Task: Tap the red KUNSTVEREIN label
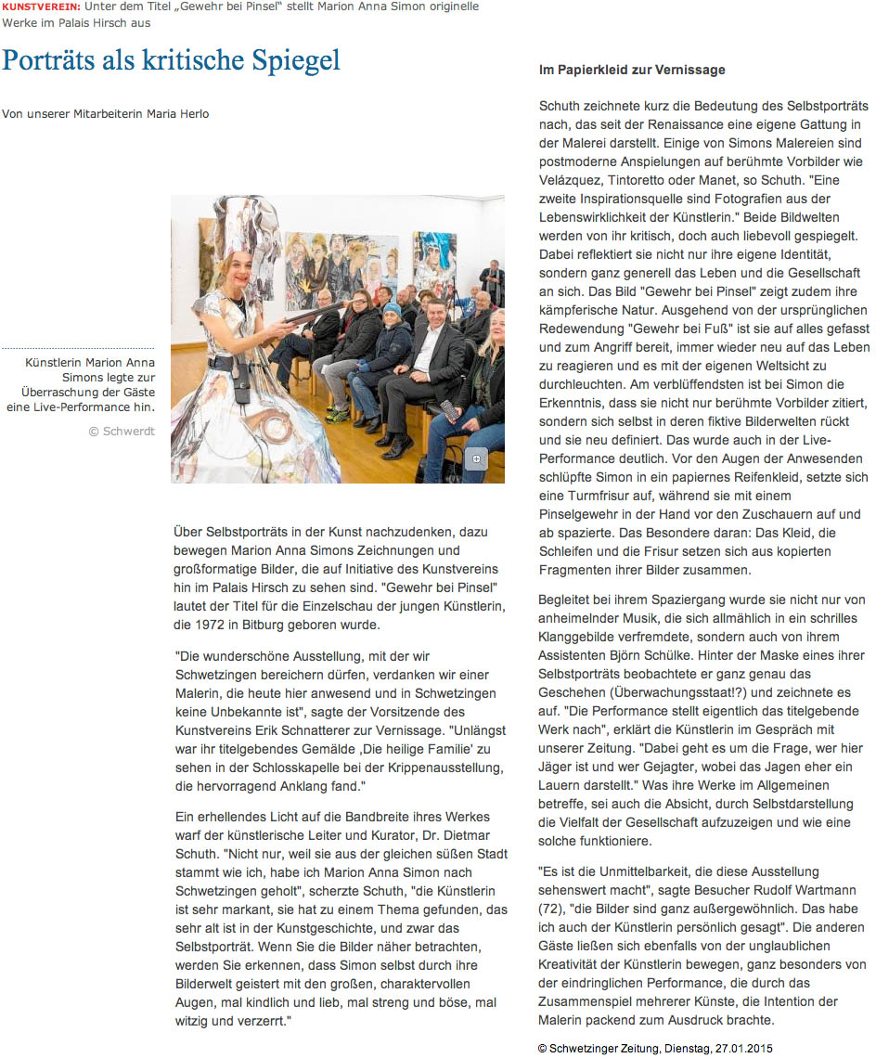(40, 7)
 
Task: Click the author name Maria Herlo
(179, 114)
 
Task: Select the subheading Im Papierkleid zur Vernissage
(632, 70)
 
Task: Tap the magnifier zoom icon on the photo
(476, 458)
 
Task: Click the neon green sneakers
(336, 415)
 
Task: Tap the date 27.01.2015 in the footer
(740, 1047)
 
